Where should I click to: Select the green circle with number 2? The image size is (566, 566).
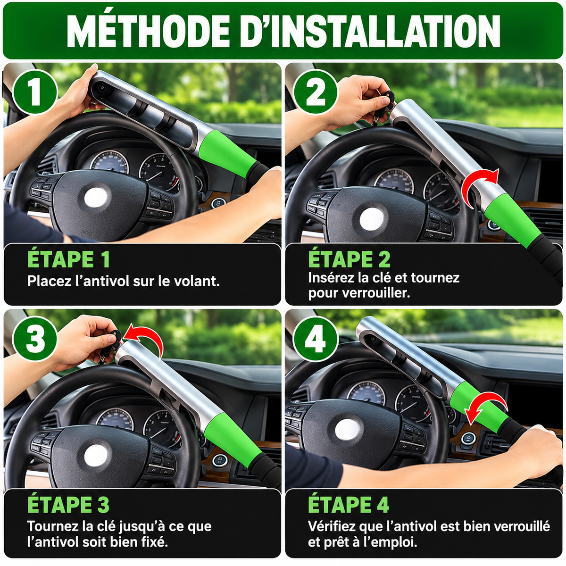[316, 92]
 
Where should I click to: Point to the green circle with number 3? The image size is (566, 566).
[35, 339]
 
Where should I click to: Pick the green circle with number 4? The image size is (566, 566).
[316, 339]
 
